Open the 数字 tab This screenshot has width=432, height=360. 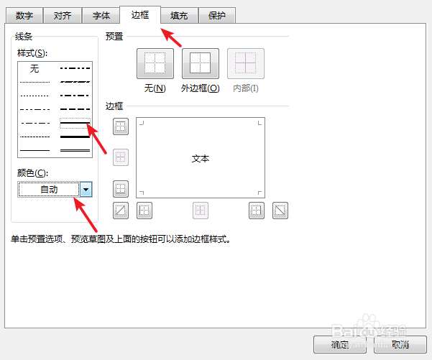[x=24, y=15]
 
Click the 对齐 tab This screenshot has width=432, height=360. [x=63, y=15]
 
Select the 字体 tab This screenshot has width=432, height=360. [x=101, y=15]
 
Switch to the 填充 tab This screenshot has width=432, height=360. [x=179, y=15]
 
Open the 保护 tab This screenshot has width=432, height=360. [x=217, y=15]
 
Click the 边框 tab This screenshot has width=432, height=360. [x=140, y=14]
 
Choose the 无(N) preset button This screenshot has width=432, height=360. [x=155, y=64]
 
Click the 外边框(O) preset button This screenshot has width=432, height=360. [x=201, y=64]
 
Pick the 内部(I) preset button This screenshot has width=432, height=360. [x=246, y=64]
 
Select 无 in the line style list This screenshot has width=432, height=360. [x=35, y=69]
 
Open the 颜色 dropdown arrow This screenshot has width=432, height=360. [x=86, y=189]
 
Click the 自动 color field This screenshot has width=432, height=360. [x=49, y=189]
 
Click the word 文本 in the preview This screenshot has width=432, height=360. [x=201, y=159]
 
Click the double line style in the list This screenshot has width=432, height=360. [x=75, y=150]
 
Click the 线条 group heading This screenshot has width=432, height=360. [x=24, y=36]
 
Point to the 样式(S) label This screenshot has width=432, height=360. [x=32, y=52]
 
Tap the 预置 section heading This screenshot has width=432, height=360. [x=114, y=36]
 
